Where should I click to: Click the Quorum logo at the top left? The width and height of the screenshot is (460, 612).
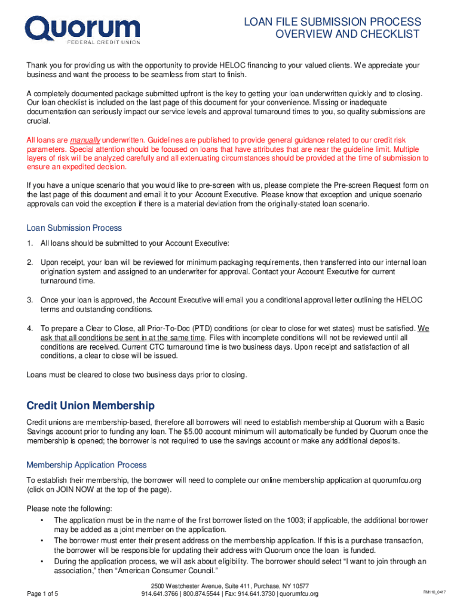[x=82, y=29]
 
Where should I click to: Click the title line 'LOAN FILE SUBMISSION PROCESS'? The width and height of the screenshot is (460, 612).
[x=332, y=22]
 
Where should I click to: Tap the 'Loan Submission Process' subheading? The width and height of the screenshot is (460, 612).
[x=74, y=228]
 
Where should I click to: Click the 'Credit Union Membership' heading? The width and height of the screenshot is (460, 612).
[x=90, y=406]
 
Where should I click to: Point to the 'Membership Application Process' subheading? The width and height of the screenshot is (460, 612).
[x=87, y=464]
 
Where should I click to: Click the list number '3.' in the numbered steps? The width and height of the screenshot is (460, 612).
[x=29, y=300]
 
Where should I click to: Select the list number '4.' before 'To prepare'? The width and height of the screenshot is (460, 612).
[x=29, y=329]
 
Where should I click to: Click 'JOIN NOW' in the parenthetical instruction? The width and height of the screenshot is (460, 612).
[x=74, y=489]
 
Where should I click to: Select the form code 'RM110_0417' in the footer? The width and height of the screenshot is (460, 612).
[x=434, y=592]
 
